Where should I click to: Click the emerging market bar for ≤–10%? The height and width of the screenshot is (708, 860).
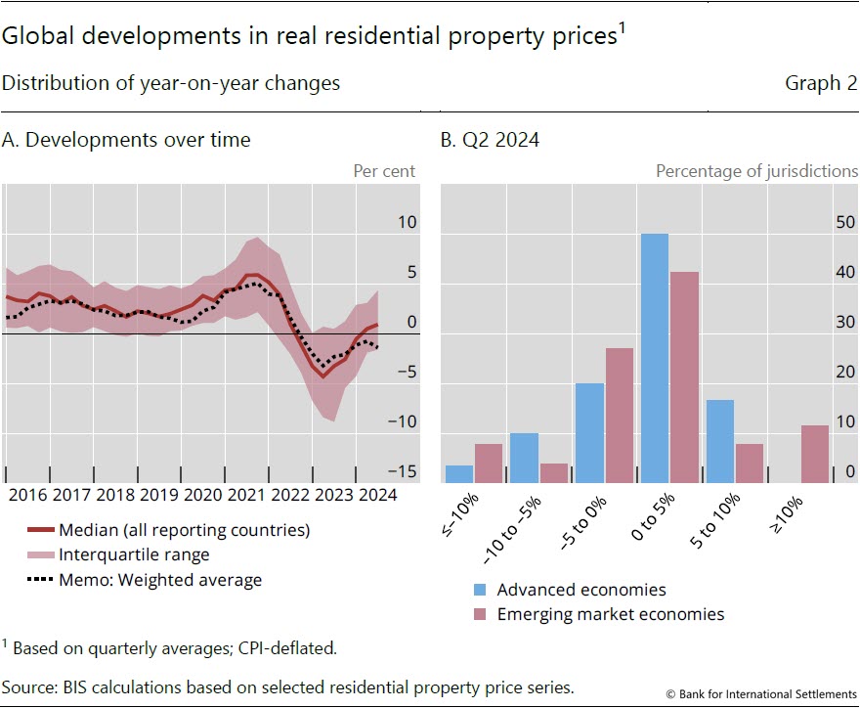489,463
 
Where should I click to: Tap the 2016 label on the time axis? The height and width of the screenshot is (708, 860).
29,495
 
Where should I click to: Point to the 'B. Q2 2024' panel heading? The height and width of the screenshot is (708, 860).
490,140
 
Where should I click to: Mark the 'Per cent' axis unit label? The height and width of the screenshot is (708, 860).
384,171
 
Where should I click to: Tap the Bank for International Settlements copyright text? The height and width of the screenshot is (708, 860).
762,693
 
